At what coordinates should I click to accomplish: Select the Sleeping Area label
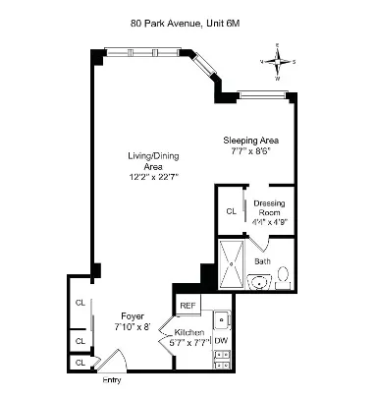(x=247, y=140)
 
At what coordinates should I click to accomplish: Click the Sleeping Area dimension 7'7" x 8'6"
(x=249, y=151)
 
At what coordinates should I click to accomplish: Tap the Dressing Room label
(x=269, y=207)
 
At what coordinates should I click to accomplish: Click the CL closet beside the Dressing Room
(x=231, y=210)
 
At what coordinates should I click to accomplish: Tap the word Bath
(x=263, y=261)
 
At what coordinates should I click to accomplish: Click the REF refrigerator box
(x=188, y=306)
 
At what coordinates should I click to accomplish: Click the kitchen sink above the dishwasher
(x=223, y=318)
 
